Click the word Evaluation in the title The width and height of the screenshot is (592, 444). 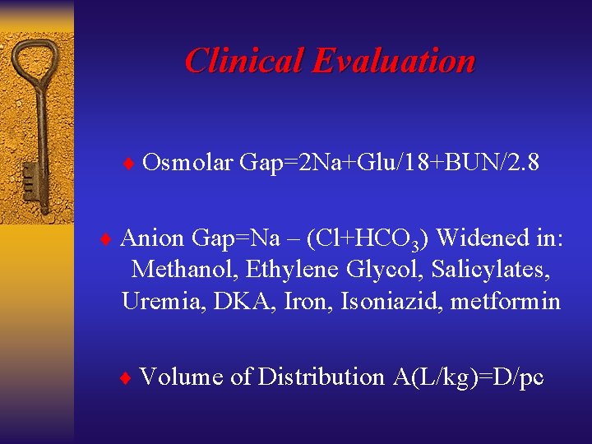click(395, 61)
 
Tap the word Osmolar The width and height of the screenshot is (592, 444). click(187, 163)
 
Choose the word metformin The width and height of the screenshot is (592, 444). click(503, 302)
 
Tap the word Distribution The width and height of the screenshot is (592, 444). click(321, 377)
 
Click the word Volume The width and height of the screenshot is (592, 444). click(182, 377)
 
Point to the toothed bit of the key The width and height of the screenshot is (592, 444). click(30, 178)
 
